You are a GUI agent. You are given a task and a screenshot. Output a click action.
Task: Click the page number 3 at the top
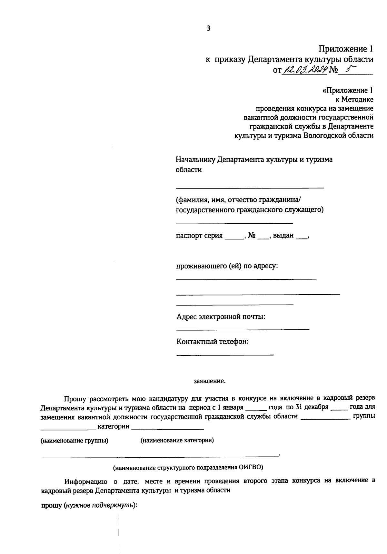click(x=208, y=28)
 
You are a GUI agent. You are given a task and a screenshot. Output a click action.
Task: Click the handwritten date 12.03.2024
click(x=305, y=69)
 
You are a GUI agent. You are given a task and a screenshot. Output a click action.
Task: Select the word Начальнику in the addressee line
click(x=195, y=160)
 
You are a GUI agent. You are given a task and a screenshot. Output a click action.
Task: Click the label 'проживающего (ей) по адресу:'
click(x=227, y=266)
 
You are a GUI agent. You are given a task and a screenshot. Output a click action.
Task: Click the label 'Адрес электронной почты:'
click(x=221, y=316)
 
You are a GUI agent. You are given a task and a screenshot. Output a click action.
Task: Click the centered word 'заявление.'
click(x=209, y=381)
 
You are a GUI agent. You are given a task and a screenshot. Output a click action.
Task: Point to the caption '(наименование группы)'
click(x=74, y=441)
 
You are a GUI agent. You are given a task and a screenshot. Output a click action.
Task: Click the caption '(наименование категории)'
click(x=177, y=440)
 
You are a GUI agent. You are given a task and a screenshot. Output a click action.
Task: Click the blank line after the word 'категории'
click(x=168, y=428)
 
